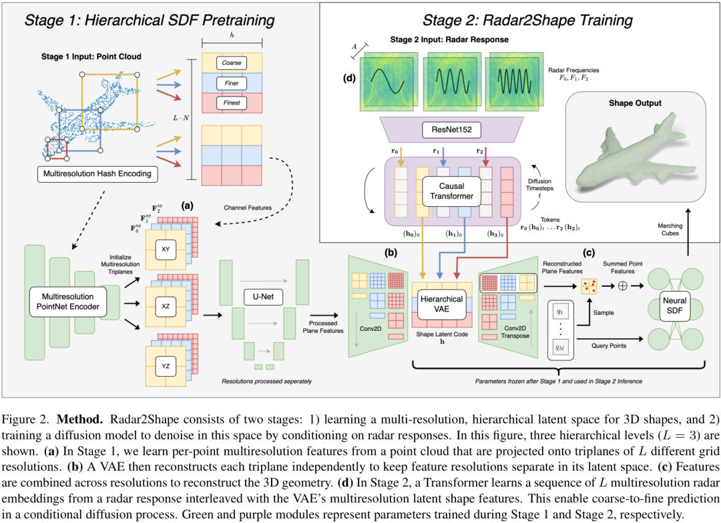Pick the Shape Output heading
point(635,103)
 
